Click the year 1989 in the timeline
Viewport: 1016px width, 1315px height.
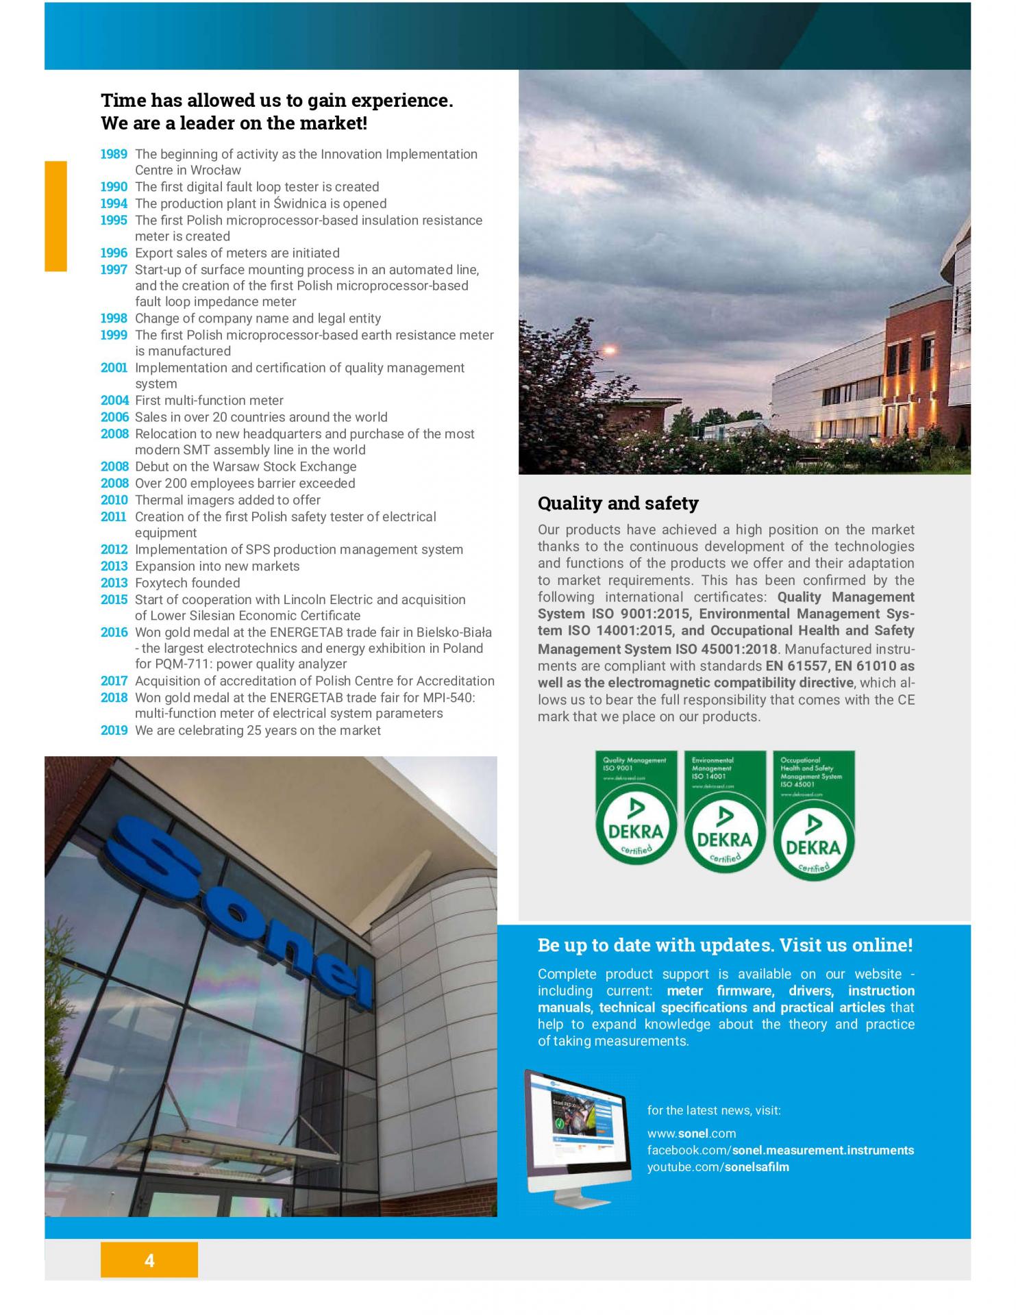114,154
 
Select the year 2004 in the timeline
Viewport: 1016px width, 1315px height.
114,401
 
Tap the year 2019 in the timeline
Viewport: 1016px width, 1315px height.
114,730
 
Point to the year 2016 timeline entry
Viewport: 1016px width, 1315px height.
114,632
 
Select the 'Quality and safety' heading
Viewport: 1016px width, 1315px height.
618,503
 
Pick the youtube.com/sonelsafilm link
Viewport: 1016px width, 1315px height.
718,1167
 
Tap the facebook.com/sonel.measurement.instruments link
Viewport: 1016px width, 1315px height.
780,1151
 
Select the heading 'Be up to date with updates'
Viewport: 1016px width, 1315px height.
725,945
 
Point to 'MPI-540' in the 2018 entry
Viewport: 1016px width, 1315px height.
450,697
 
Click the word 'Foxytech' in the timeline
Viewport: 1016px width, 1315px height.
162,583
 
